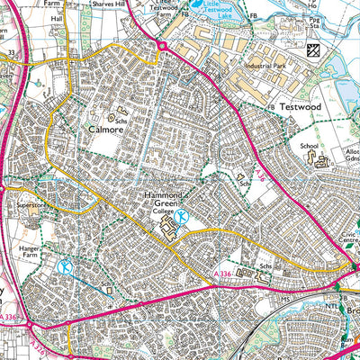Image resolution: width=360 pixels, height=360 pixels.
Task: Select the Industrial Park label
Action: tap(261, 66)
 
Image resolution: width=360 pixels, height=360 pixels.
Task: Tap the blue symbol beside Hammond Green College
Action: tap(183, 216)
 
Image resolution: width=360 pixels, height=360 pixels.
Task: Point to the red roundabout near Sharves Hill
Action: tap(162, 44)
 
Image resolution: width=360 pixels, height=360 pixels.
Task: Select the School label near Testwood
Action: tap(310, 145)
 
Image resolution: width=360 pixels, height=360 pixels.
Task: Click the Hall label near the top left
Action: tap(56, 17)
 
